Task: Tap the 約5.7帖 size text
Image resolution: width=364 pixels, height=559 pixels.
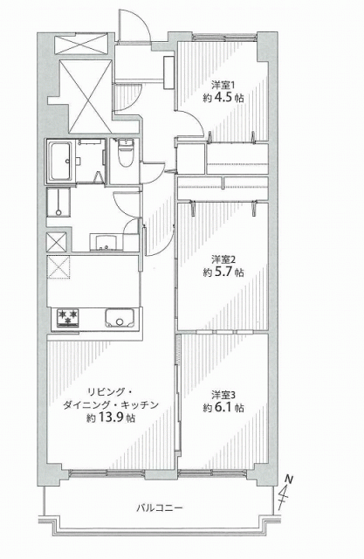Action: tap(223, 273)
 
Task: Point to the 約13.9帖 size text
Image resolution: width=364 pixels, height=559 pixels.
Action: tap(111, 418)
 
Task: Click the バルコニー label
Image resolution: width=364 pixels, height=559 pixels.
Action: tap(160, 507)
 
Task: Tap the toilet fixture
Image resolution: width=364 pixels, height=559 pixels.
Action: tap(126, 154)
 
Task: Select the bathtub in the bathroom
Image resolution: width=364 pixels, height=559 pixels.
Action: tap(61, 161)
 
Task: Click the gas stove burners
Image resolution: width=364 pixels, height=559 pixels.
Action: tap(68, 318)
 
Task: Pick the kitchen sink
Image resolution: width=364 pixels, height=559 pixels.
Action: tap(120, 318)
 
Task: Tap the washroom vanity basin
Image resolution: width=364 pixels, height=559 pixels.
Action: tap(105, 242)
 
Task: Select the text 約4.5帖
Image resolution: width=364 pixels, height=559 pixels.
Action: tap(223, 98)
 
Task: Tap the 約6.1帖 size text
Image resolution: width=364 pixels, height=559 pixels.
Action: tap(223, 408)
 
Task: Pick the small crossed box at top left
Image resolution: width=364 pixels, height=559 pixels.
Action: tap(81, 45)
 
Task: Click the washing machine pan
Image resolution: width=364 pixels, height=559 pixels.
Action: tap(58, 203)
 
